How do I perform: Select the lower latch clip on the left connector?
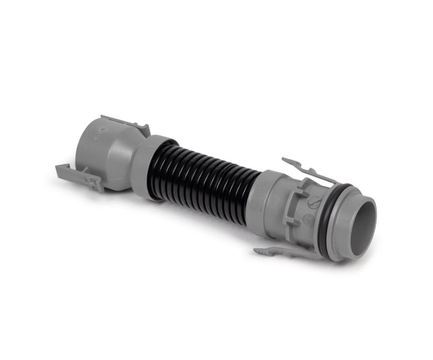[x=77, y=174]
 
